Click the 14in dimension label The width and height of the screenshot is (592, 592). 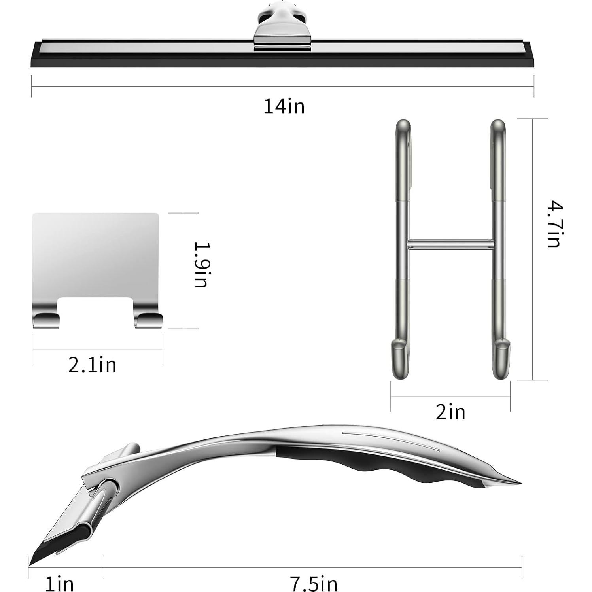pyautogui.click(x=284, y=107)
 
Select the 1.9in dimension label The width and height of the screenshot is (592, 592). pyautogui.click(x=201, y=265)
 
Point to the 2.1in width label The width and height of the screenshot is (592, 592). pyautogui.click(x=92, y=365)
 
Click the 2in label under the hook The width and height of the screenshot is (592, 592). pyautogui.click(x=450, y=412)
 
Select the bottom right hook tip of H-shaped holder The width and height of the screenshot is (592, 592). pyautogui.click(x=501, y=360)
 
